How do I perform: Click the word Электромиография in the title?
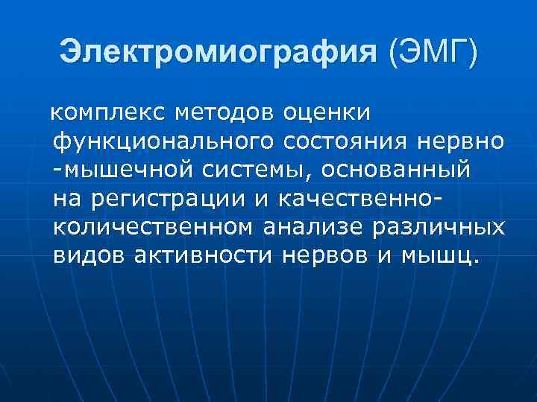(219, 51)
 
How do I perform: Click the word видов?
(90, 255)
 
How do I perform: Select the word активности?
(206, 255)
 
